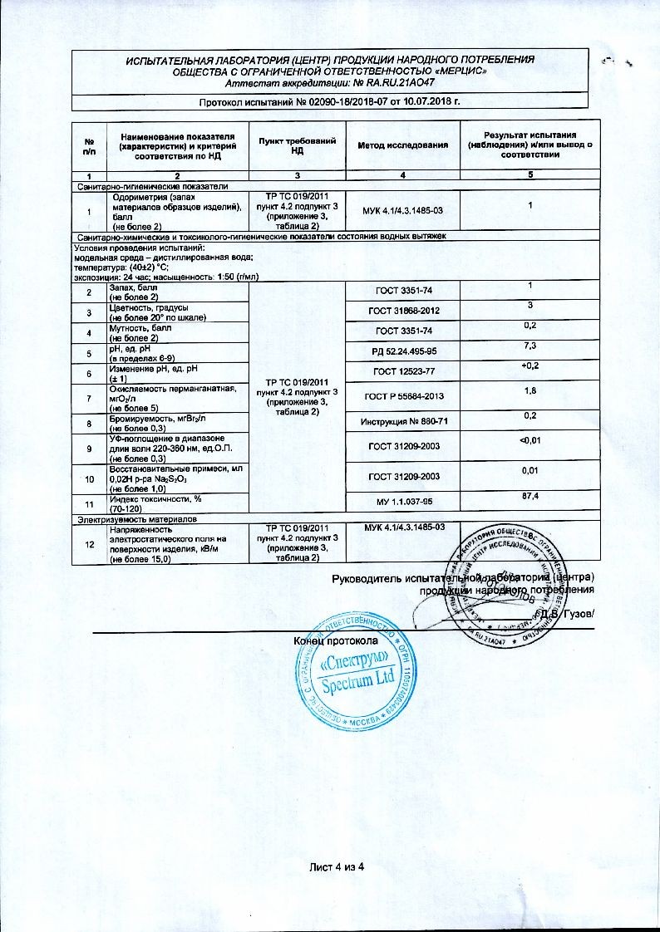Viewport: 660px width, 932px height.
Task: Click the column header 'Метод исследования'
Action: click(x=402, y=145)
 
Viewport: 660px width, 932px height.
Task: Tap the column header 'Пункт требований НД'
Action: click(x=297, y=145)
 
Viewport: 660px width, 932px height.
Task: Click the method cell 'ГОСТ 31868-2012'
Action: click(x=402, y=311)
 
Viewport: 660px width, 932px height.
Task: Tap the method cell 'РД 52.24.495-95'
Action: click(x=402, y=352)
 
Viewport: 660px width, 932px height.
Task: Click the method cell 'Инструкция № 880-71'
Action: click(x=402, y=422)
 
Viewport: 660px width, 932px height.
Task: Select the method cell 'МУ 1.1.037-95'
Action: click(x=402, y=502)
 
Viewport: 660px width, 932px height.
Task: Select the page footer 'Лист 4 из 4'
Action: click(x=337, y=867)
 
